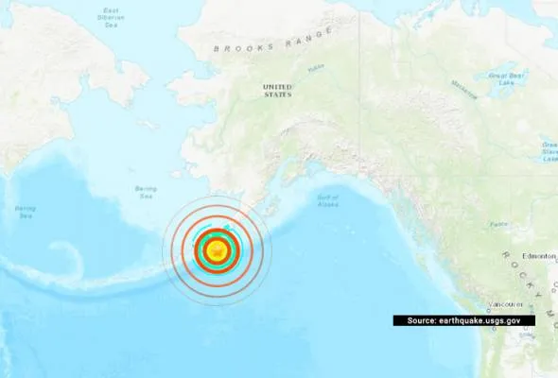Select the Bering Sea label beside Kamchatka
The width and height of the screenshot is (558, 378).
(25, 210)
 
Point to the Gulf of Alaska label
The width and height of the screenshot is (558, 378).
(327, 200)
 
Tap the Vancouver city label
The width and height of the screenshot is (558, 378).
(507, 304)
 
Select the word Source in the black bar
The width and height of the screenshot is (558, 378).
(421, 321)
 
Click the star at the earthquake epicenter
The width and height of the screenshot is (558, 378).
(218, 250)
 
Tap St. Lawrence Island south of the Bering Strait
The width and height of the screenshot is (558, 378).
(146, 124)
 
